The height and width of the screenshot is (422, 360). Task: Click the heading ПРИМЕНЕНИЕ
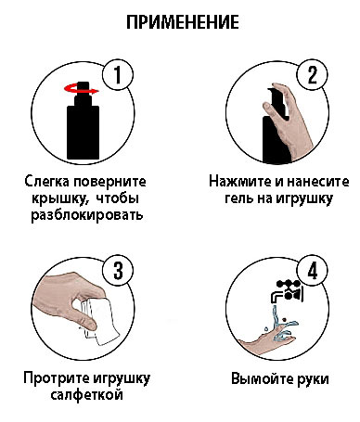pos(180,20)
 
